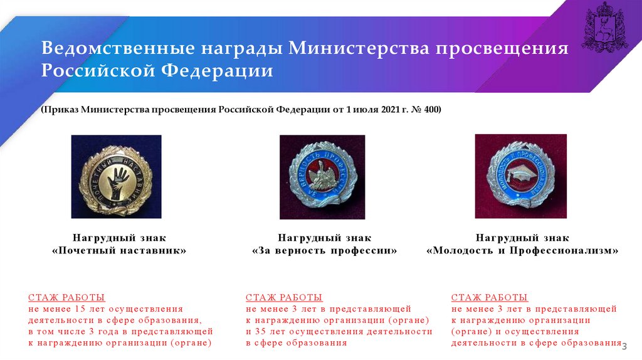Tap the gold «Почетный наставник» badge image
coord(117,176)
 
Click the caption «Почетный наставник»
coord(119,250)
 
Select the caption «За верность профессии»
coord(325,250)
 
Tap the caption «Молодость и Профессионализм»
coord(522,250)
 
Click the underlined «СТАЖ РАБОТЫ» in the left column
coord(66,297)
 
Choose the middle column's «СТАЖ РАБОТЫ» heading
coord(284,297)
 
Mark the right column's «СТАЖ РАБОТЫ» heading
coord(489,297)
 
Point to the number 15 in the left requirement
coord(80,309)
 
